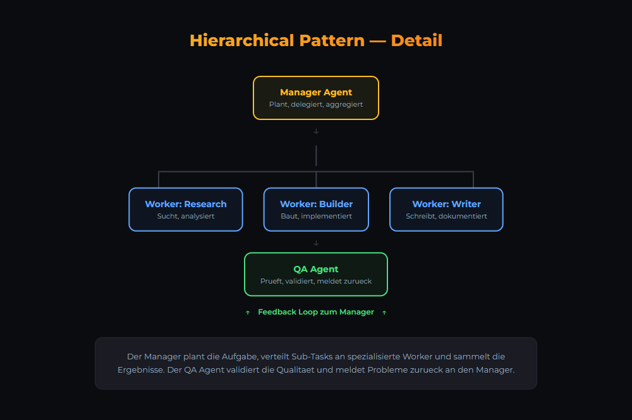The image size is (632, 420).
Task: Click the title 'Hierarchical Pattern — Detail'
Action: (316, 40)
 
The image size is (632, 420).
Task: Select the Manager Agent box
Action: (316, 98)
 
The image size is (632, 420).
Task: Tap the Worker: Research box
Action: (186, 210)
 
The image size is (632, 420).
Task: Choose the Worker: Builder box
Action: (316, 210)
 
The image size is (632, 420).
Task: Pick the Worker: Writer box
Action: (446, 210)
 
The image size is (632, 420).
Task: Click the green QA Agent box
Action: (316, 274)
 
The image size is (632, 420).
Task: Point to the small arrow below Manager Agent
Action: (316, 131)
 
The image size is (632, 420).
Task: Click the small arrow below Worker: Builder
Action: (316, 243)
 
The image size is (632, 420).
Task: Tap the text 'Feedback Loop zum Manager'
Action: (316, 312)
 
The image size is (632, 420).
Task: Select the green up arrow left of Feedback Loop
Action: (248, 313)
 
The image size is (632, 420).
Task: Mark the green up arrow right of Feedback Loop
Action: (384, 313)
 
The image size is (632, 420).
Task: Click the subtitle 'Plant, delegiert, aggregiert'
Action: (316, 104)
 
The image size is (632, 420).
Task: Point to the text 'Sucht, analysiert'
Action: (186, 216)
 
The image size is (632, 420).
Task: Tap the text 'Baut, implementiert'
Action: (316, 216)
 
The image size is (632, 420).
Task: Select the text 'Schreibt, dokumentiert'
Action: (446, 216)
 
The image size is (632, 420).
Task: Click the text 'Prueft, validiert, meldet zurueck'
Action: (316, 281)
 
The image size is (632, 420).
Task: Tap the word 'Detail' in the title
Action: (416, 40)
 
